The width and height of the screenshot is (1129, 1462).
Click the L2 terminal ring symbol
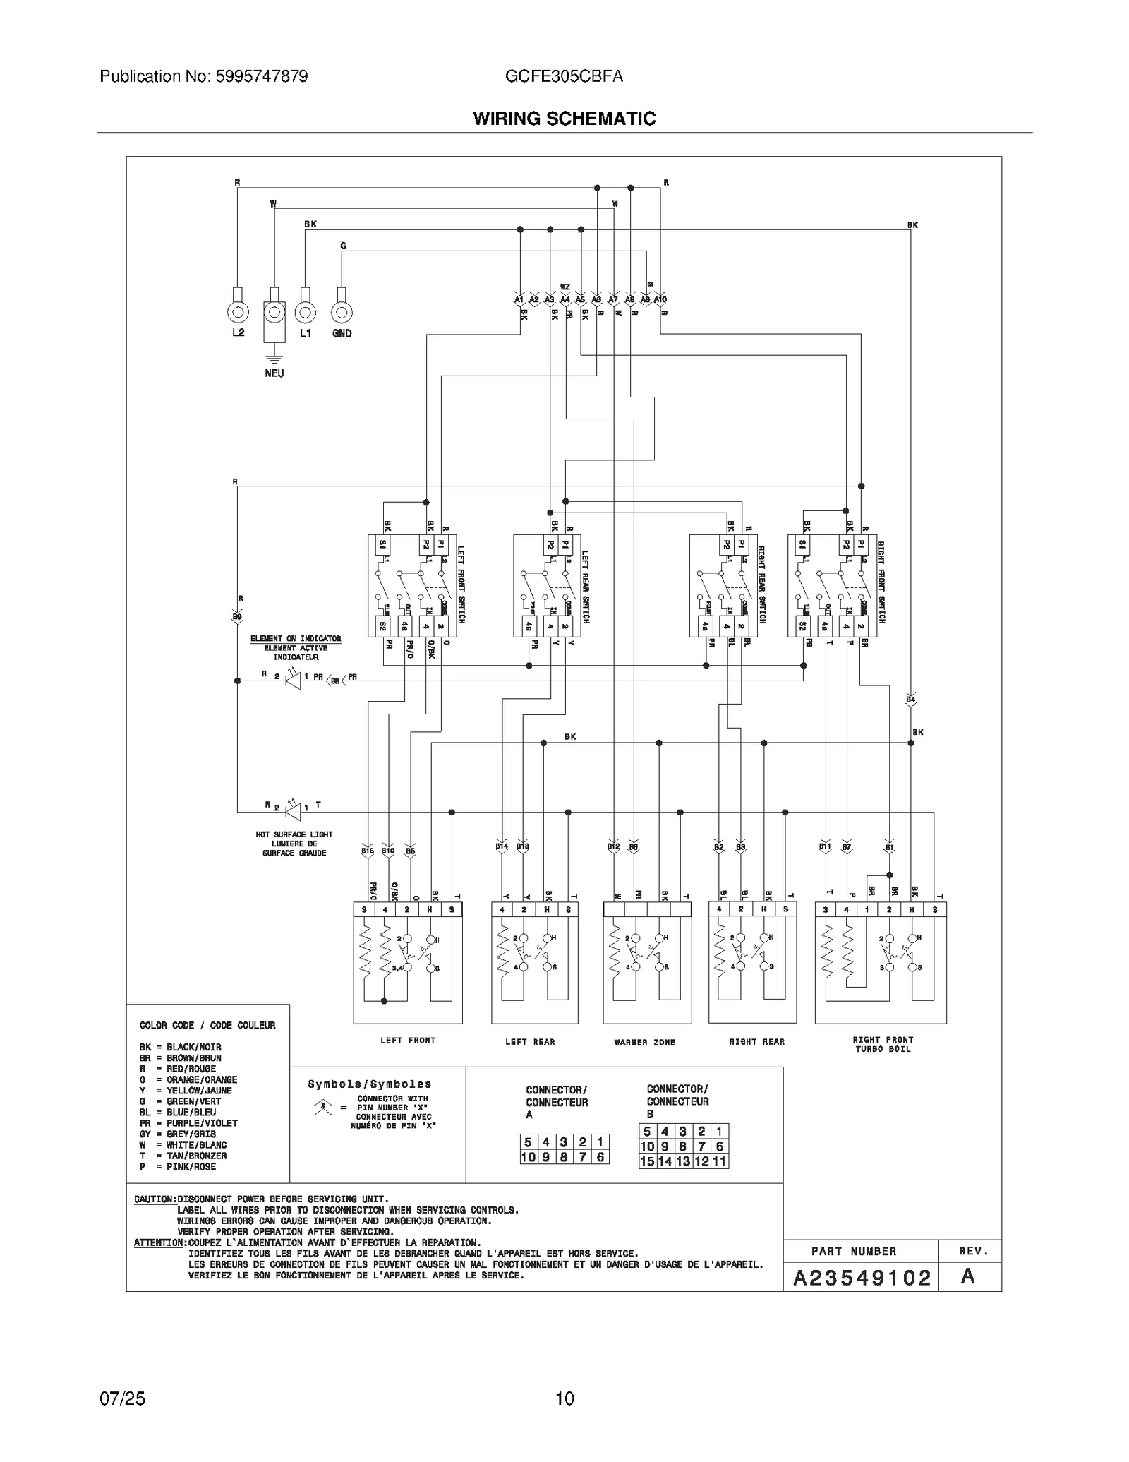pos(238,311)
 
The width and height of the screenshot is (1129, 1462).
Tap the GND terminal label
pos(342,333)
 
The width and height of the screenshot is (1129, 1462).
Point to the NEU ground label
pos(274,373)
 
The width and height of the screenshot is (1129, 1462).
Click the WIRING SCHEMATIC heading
pos(564,119)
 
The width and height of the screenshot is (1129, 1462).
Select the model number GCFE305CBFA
pos(564,76)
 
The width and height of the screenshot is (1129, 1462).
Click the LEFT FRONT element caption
pos(408,1041)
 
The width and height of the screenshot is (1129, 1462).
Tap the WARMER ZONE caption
pos(644,1042)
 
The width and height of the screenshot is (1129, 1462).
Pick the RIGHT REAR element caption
pos(756,1041)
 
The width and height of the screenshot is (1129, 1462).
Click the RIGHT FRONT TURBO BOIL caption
pos(882,1044)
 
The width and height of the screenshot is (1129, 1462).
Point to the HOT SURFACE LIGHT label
pos(294,834)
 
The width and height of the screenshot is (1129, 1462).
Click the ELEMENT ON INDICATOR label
pos(296,638)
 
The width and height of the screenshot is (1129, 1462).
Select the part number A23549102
pos(862,1278)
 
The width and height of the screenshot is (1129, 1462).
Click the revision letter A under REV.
pos(968,1276)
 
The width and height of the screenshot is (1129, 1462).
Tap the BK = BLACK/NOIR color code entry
pos(181,1047)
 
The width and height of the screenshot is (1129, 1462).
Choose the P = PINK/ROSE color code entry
pos(178,1167)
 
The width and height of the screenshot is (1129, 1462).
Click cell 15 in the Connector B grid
pos(647,1161)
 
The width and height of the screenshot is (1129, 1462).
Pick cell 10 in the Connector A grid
pos(528,1157)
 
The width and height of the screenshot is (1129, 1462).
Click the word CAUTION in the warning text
pos(155,1199)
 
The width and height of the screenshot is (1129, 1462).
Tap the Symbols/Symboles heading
pos(369,1084)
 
